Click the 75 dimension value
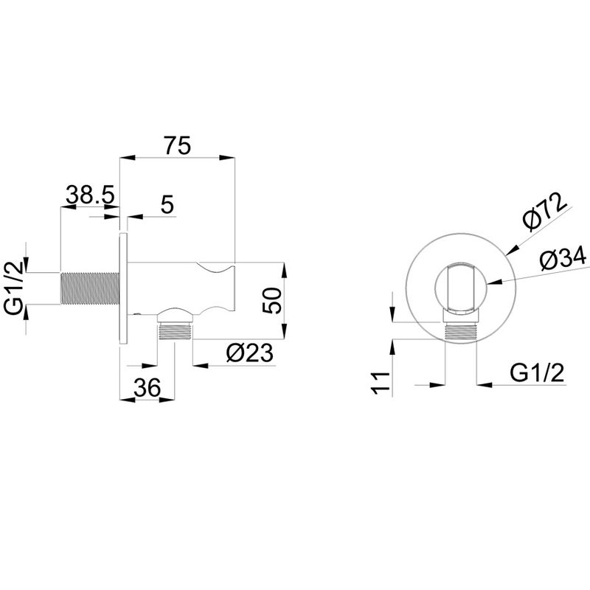(178, 145)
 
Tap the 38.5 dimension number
(90, 194)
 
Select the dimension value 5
(167, 205)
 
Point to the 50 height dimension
(273, 300)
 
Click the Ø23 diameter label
(249, 353)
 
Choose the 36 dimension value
(147, 388)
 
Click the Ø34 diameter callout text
(563, 259)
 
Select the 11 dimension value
(380, 383)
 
